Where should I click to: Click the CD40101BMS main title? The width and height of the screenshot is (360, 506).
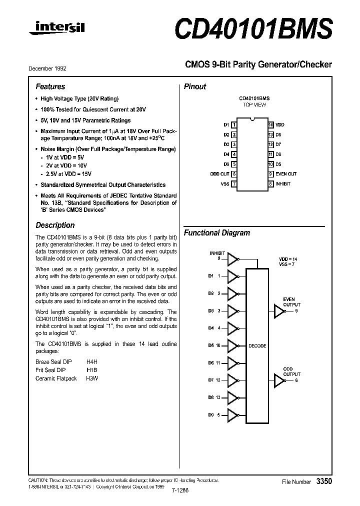tap(253, 29)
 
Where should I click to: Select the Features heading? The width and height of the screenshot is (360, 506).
tap(50, 86)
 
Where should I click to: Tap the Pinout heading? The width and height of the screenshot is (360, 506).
tap(195, 86)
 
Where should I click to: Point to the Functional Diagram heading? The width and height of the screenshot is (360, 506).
tap(216, 233)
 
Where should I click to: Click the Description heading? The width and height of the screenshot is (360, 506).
tap(55, 225)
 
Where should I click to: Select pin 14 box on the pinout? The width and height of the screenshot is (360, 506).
tap(270, 124)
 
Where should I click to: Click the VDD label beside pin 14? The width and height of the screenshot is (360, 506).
tap(280, 124)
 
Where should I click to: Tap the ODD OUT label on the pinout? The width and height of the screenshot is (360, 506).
tap(219, 174)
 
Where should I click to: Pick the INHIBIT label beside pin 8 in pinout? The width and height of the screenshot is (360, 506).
tap(283, 184)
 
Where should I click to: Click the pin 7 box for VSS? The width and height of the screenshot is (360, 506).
tap(234, 184)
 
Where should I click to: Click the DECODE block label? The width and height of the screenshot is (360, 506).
tap(257, 346)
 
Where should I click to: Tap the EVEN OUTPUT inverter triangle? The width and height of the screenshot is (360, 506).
tap(278, 311)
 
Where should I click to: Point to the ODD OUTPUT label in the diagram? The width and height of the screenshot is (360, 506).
tap(292, 371)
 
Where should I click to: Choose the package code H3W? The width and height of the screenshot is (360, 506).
tap(92, 378)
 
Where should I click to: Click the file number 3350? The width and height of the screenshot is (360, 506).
tap(324, 481)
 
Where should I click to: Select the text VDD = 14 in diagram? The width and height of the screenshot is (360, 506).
tap(288, 259)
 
